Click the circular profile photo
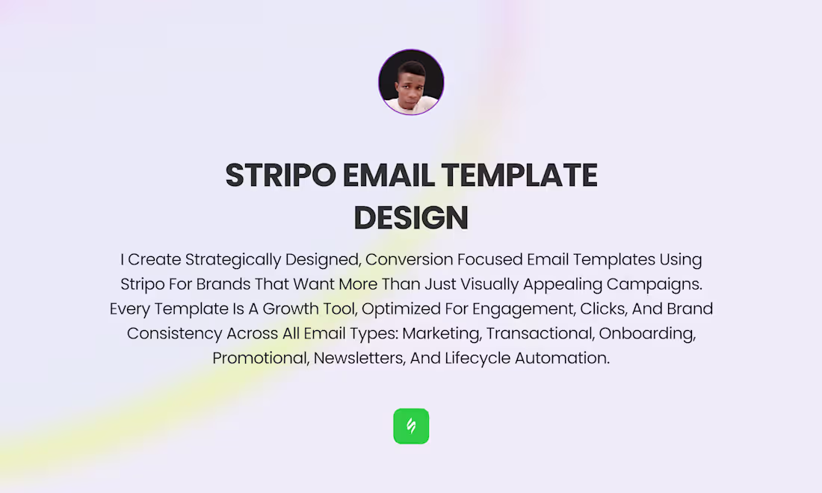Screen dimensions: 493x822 click(x=411, y=82)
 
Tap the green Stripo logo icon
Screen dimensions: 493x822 click(x=411, y=426)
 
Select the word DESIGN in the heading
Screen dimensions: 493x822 click(x=411, y=218)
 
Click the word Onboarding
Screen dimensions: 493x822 click(x=647, y=334)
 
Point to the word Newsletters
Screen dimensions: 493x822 click(x=359, y=359)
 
